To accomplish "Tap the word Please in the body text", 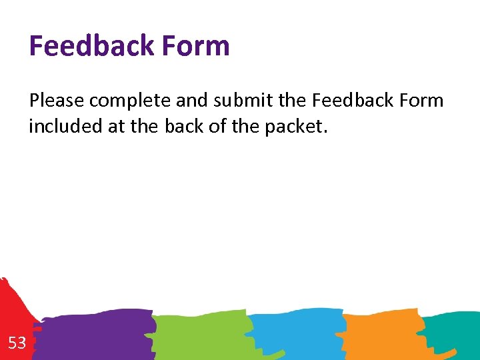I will [57, 101].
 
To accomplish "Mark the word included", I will [65, 126].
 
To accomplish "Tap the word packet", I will [296, 127].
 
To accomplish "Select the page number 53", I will [17, 343].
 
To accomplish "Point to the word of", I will [217, 126].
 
